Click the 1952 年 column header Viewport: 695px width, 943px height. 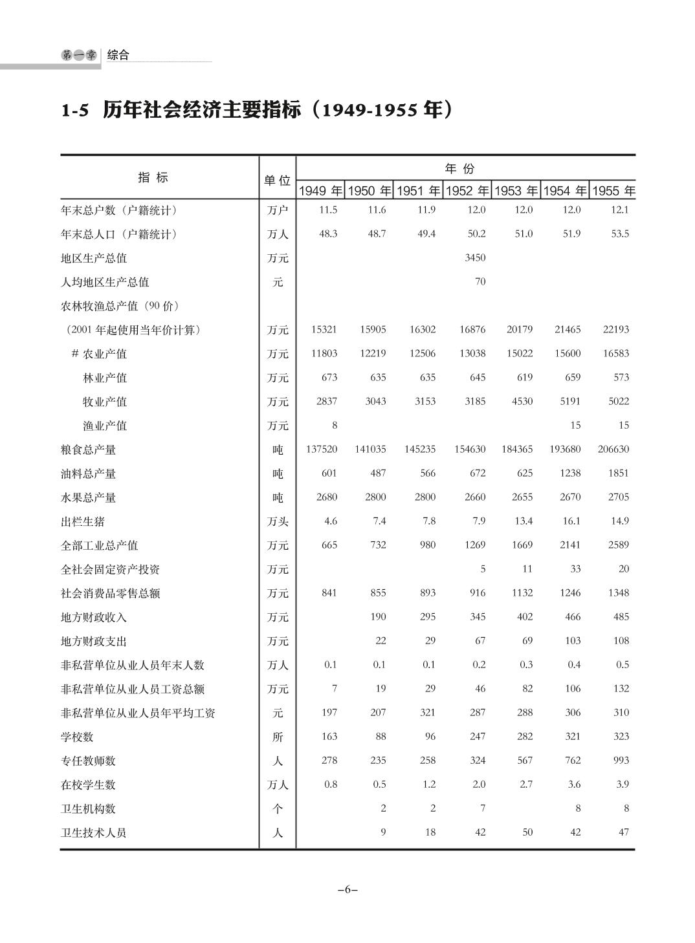click(x=467, y=191)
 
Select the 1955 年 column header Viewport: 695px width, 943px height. click(x=613, y=191)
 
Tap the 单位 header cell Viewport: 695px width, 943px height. click(x=277, y=180)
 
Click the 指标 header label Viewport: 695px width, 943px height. click(x=153, y=177)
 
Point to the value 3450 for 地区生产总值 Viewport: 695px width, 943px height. click(x=475, y=257)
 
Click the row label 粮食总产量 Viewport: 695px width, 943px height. click(x=88, y=450)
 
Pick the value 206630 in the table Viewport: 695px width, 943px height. click(x=612, y=449)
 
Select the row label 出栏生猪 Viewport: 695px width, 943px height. click(x=83, y=521)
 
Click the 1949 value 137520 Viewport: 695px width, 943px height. click(x=321, y=449)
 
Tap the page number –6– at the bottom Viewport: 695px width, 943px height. click(x=347, y=889)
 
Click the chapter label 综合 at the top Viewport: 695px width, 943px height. click(x=118, y=55)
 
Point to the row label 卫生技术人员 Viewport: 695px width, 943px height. click(x=93, y=832)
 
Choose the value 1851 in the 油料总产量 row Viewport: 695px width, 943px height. click(x=618, y=473)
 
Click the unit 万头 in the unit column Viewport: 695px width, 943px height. click(x=278, y=521)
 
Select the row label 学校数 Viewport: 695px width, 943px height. click(x=77, y=737)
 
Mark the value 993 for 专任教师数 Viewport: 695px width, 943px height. click(x=621, y=760)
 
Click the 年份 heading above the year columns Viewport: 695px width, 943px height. click(x=459, y=169)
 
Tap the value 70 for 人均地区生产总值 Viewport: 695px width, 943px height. click(x=480, y=281)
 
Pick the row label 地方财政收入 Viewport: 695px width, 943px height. click(x=93, y=617)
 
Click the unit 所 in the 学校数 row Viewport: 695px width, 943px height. click(x=278, y=737)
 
